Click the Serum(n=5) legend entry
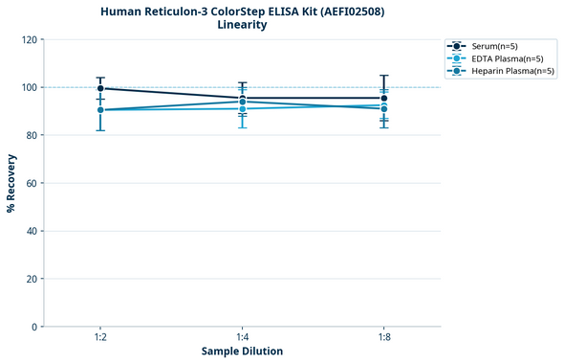tap(494, 46)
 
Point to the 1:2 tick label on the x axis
tap(100, 338)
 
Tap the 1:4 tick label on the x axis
tap(243, 338)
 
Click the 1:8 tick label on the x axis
tap(384, 338)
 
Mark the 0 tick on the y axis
tap(34, 327)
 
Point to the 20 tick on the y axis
tap(32, 279)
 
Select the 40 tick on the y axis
tap(32, 231)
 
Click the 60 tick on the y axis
tap(32, 183)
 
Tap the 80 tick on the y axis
tap(32, 135)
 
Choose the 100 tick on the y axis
tap(29, 87)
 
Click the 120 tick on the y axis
tap(29, 39)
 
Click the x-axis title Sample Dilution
tap(242, 352)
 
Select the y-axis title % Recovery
tap(11, 183)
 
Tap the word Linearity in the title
tap(242, 25)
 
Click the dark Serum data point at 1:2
tap(100, 88)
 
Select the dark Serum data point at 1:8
tap(384, 98)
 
